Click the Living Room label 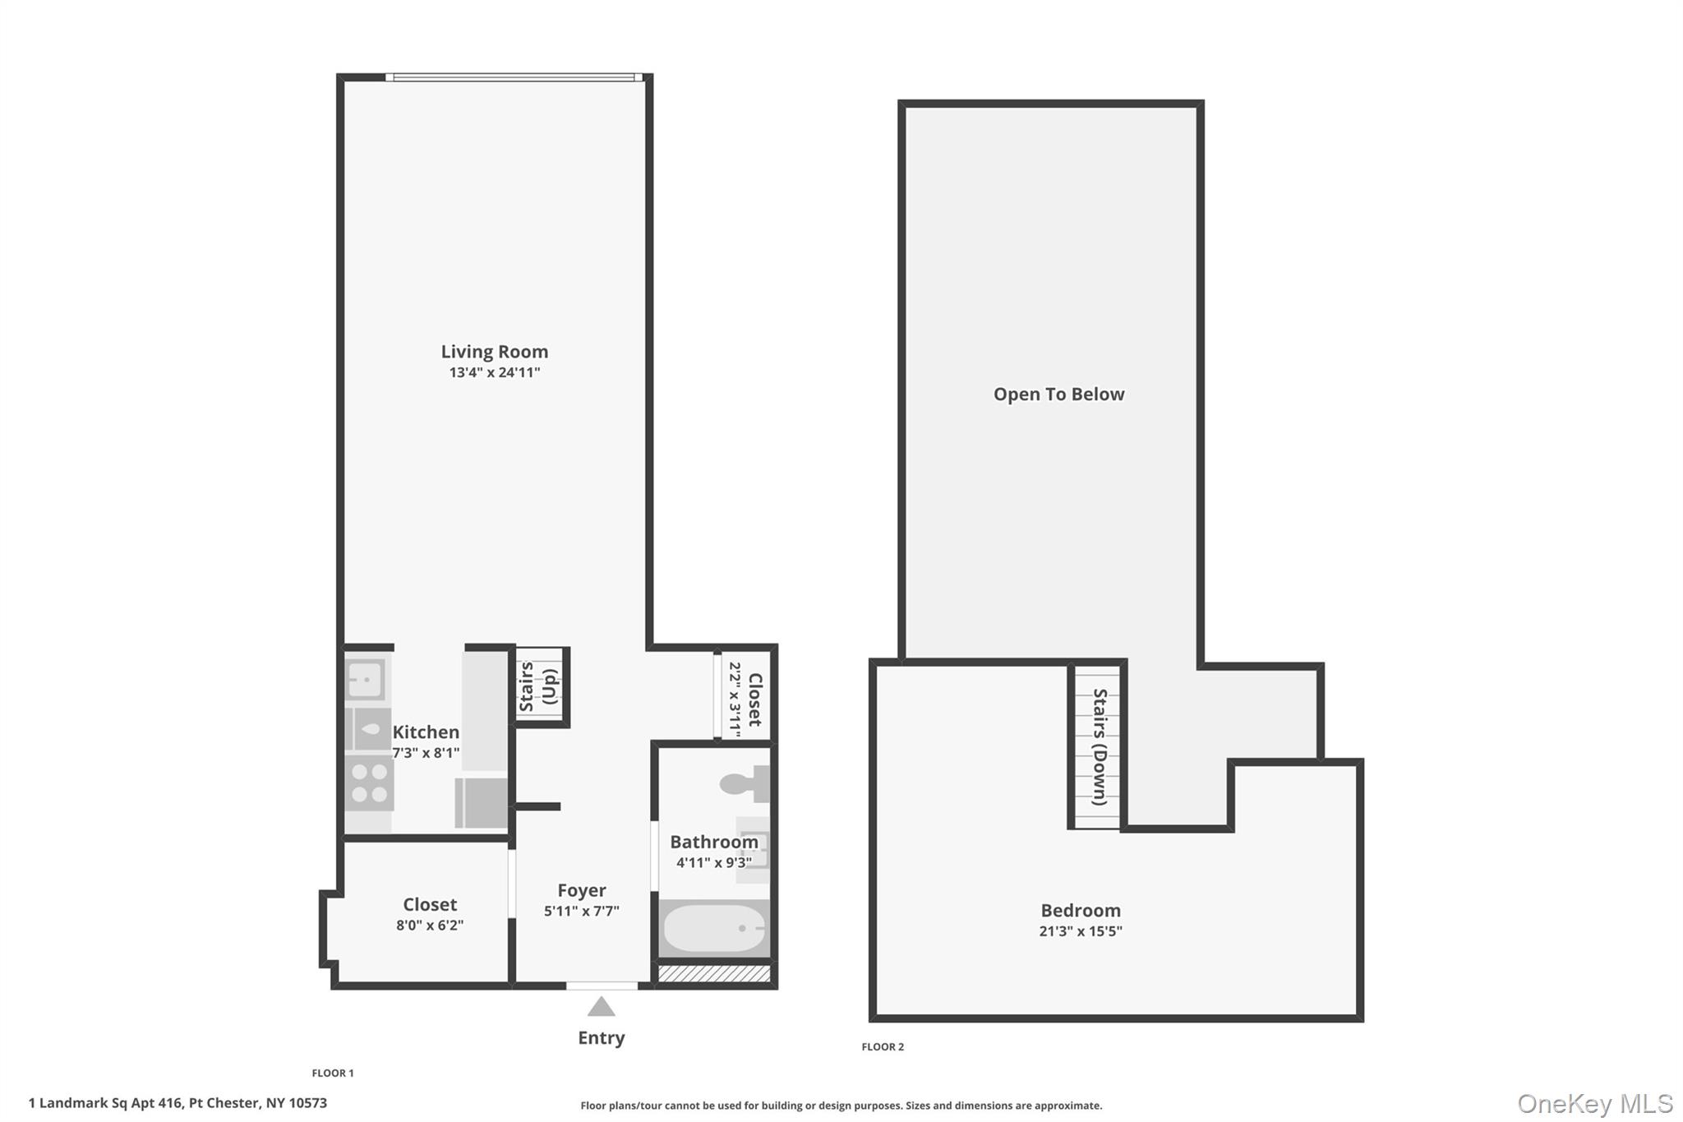[494, 352]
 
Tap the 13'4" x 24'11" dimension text [494, 372]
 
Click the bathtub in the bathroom [714, 928]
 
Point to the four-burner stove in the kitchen [369, 783]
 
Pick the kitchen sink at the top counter [365, 679]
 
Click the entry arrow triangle [601, 1007]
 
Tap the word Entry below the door [601, 1037]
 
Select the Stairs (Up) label [539, 687]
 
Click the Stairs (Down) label [1099, 746]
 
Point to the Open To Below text [1058, 395]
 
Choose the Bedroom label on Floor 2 [1081, 911]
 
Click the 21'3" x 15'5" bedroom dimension [1081, 931]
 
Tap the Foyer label [582, 890]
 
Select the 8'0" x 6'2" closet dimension [430, 925]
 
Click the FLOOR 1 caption [333, 1073]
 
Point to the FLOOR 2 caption [883, 1046]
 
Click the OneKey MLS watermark [1594, 1103]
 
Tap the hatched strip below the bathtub [714, 974]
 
